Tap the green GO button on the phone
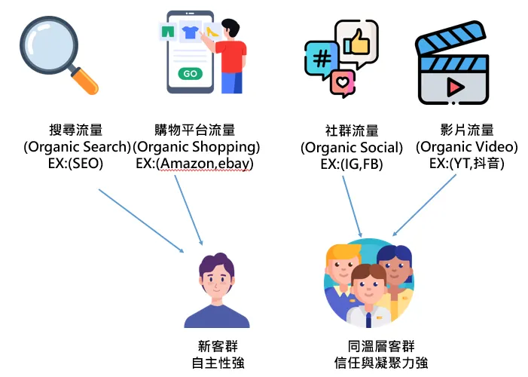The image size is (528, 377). coord(191,74)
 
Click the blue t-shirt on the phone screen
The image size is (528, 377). coord(190,33)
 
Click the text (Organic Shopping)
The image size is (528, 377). coord(195,146)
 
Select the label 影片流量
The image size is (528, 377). coord(467,130)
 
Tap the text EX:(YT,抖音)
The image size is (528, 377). coord(467,163)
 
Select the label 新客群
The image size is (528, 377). coord(216,346)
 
